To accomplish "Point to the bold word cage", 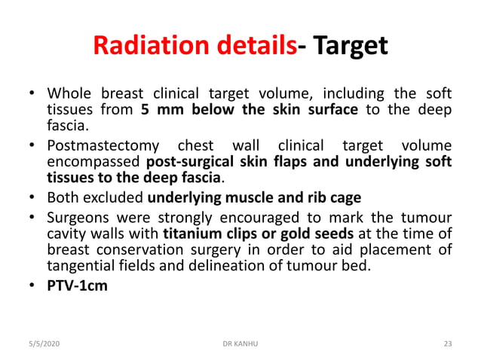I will [x=345, y=199].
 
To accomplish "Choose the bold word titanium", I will [x=189, y=233].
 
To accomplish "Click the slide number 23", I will [x=448, y=343].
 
